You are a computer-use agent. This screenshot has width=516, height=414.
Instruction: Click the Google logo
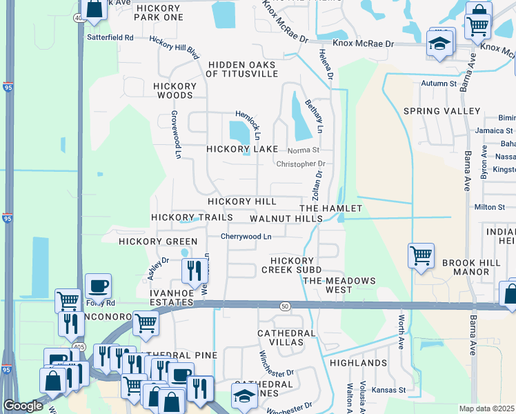(23, 406)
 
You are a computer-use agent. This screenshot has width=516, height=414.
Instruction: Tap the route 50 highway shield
(284, 305)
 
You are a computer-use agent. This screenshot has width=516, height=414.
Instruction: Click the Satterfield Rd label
(110, 37)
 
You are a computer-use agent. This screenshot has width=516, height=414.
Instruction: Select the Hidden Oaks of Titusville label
(242, 68)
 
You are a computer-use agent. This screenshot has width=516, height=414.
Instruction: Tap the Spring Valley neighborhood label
(441, 111)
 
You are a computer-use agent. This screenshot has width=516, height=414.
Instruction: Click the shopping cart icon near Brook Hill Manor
(421, 257)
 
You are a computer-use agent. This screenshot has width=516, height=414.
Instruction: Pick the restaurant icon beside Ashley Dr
(195, 269)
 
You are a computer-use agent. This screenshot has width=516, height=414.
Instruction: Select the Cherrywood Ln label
(246, 236)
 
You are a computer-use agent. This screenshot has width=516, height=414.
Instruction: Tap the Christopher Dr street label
(300, 164)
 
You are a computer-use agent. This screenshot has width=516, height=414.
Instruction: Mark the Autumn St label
(439, 83)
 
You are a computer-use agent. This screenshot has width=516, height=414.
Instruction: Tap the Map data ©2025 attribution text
(487, 408)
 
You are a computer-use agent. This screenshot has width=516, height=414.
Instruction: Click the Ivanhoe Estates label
(172, 297)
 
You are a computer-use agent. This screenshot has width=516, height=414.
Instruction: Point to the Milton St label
(490, 207)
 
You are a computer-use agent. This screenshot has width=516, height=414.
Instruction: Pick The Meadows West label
(340, 285)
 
